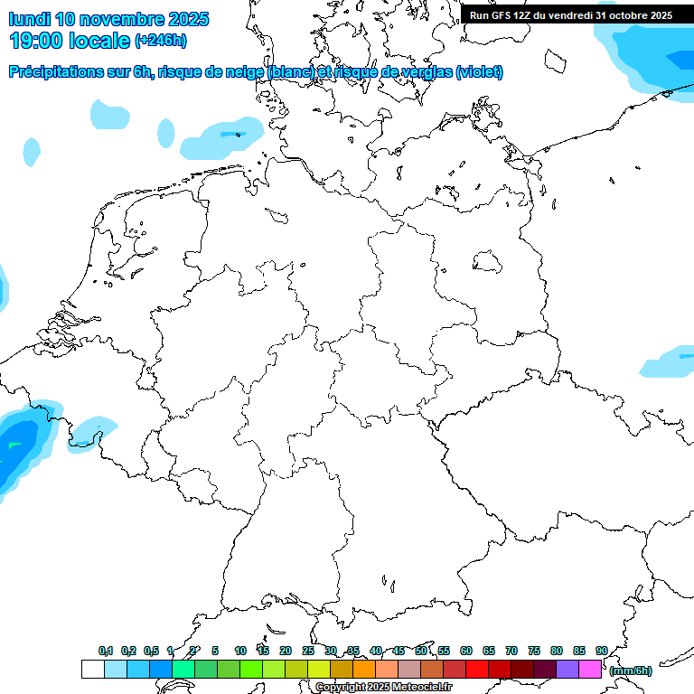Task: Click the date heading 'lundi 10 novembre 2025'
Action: click(108, 19)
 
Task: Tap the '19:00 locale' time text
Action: click(70, 40)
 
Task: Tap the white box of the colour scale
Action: click(92, 669)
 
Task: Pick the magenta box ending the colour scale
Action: click(590, 669)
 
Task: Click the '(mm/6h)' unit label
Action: click(630, 670)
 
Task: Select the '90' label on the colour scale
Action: click(602, 651)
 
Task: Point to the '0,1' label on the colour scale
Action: click(106, 651)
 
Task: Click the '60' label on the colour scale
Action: click(466, 651)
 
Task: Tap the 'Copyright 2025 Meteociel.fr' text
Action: click(383, 687)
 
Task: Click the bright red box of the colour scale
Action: click(477, 669)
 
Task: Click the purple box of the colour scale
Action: click(567, 669)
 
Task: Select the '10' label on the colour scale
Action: click(240, 651)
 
